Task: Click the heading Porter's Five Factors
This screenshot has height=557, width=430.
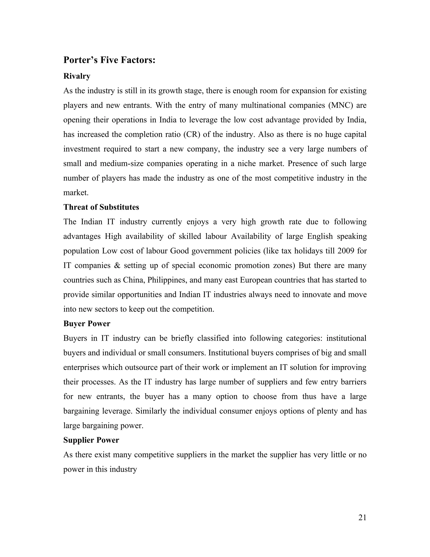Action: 109,60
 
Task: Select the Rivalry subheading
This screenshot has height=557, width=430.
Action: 77,76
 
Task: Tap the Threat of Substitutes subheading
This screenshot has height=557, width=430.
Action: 101,207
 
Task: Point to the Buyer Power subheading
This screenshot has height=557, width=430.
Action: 87,324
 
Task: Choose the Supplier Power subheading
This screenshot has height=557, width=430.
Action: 91,440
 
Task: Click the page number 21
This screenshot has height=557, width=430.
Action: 362,517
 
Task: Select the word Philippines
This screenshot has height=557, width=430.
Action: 167,280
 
